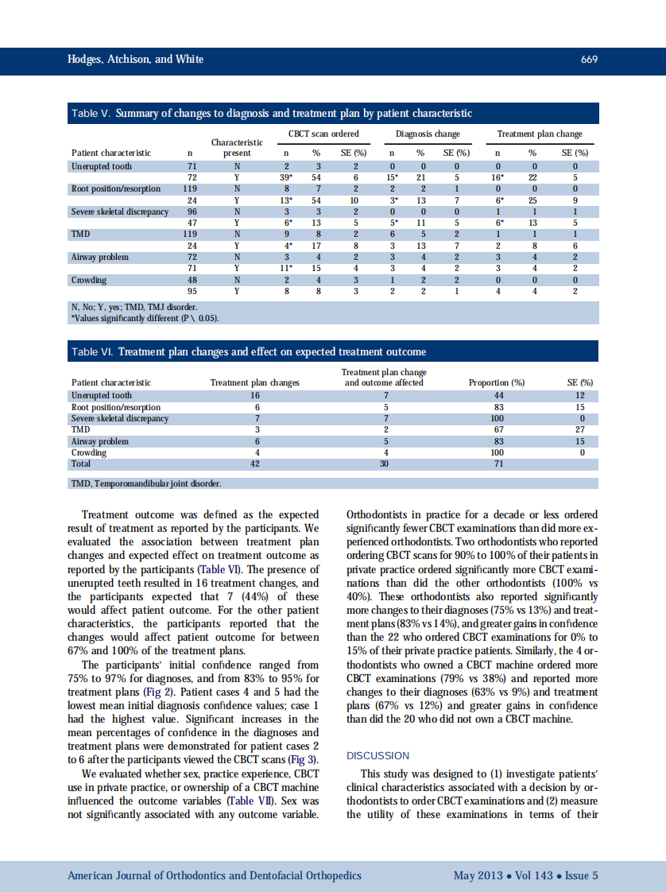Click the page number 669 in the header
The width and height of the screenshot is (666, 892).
click(x=589, y=60)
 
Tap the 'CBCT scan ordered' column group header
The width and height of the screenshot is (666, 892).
click(x=323, y=134)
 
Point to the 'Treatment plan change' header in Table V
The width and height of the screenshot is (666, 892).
click(x=539, y=134)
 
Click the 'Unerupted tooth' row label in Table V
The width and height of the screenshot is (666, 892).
click(x=102, y=166)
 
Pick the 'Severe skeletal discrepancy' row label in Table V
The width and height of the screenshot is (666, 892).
click(x=120, y=211)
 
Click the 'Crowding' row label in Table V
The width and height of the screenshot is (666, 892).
click(x=89, y=280)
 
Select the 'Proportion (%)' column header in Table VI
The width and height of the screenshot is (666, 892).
click(x=497, y=382)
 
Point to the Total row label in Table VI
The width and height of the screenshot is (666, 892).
click(x=81, y=463)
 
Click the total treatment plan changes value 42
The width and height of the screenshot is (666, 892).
click(x=254, y=463)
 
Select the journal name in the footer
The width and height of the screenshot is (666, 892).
click(x=214, y=875)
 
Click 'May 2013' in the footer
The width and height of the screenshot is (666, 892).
click(x=478, y=875)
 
